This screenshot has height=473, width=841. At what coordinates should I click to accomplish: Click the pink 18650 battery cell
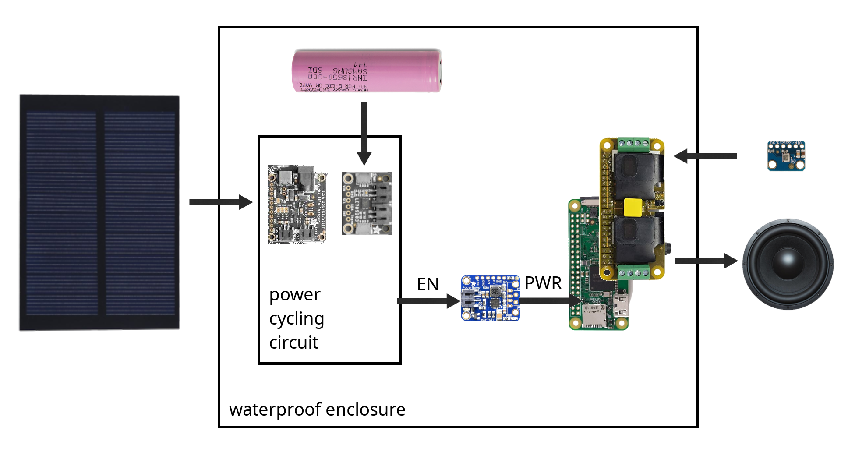(367, 71)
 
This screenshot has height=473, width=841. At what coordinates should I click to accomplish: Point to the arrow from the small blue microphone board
(705, 156)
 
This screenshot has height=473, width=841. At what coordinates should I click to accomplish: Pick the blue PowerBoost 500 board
(490, 298)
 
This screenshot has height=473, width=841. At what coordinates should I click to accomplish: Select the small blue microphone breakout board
(786, 155)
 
